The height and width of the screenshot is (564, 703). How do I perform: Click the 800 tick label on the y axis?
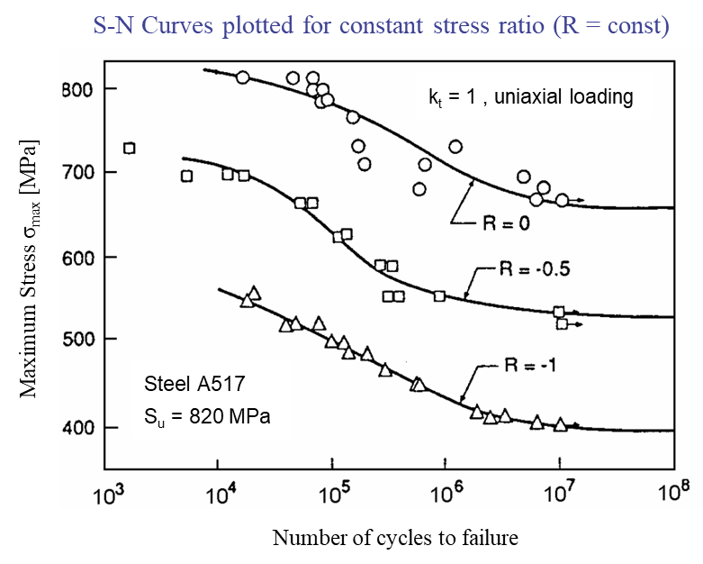coord(77,89)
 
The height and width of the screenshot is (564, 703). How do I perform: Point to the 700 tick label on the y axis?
coord(77,172)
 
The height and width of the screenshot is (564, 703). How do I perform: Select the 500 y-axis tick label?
coord(77,339)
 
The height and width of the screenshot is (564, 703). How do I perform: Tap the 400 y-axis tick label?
coord(77,428)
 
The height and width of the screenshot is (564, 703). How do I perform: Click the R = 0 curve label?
coord(506,223)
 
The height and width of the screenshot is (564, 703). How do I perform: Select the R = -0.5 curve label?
coord(535,268)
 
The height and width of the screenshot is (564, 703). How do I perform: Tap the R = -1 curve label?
coord(530,365)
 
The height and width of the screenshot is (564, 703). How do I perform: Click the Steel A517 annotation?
coord(194,384)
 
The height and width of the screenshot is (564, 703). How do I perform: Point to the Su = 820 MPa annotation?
coord(207,417)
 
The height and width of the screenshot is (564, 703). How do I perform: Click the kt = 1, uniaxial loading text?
coord(531,97)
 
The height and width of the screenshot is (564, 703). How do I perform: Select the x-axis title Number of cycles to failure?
coord(395,538)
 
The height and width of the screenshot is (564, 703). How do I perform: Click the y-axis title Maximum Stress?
coord(29,268)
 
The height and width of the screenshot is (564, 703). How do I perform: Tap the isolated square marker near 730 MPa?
coord(129,148)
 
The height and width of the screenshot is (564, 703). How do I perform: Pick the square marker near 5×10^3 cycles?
coord(187,177)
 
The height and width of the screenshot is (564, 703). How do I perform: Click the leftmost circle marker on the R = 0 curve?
coord(242,77)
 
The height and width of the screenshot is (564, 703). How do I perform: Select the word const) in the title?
coord(638,25)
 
